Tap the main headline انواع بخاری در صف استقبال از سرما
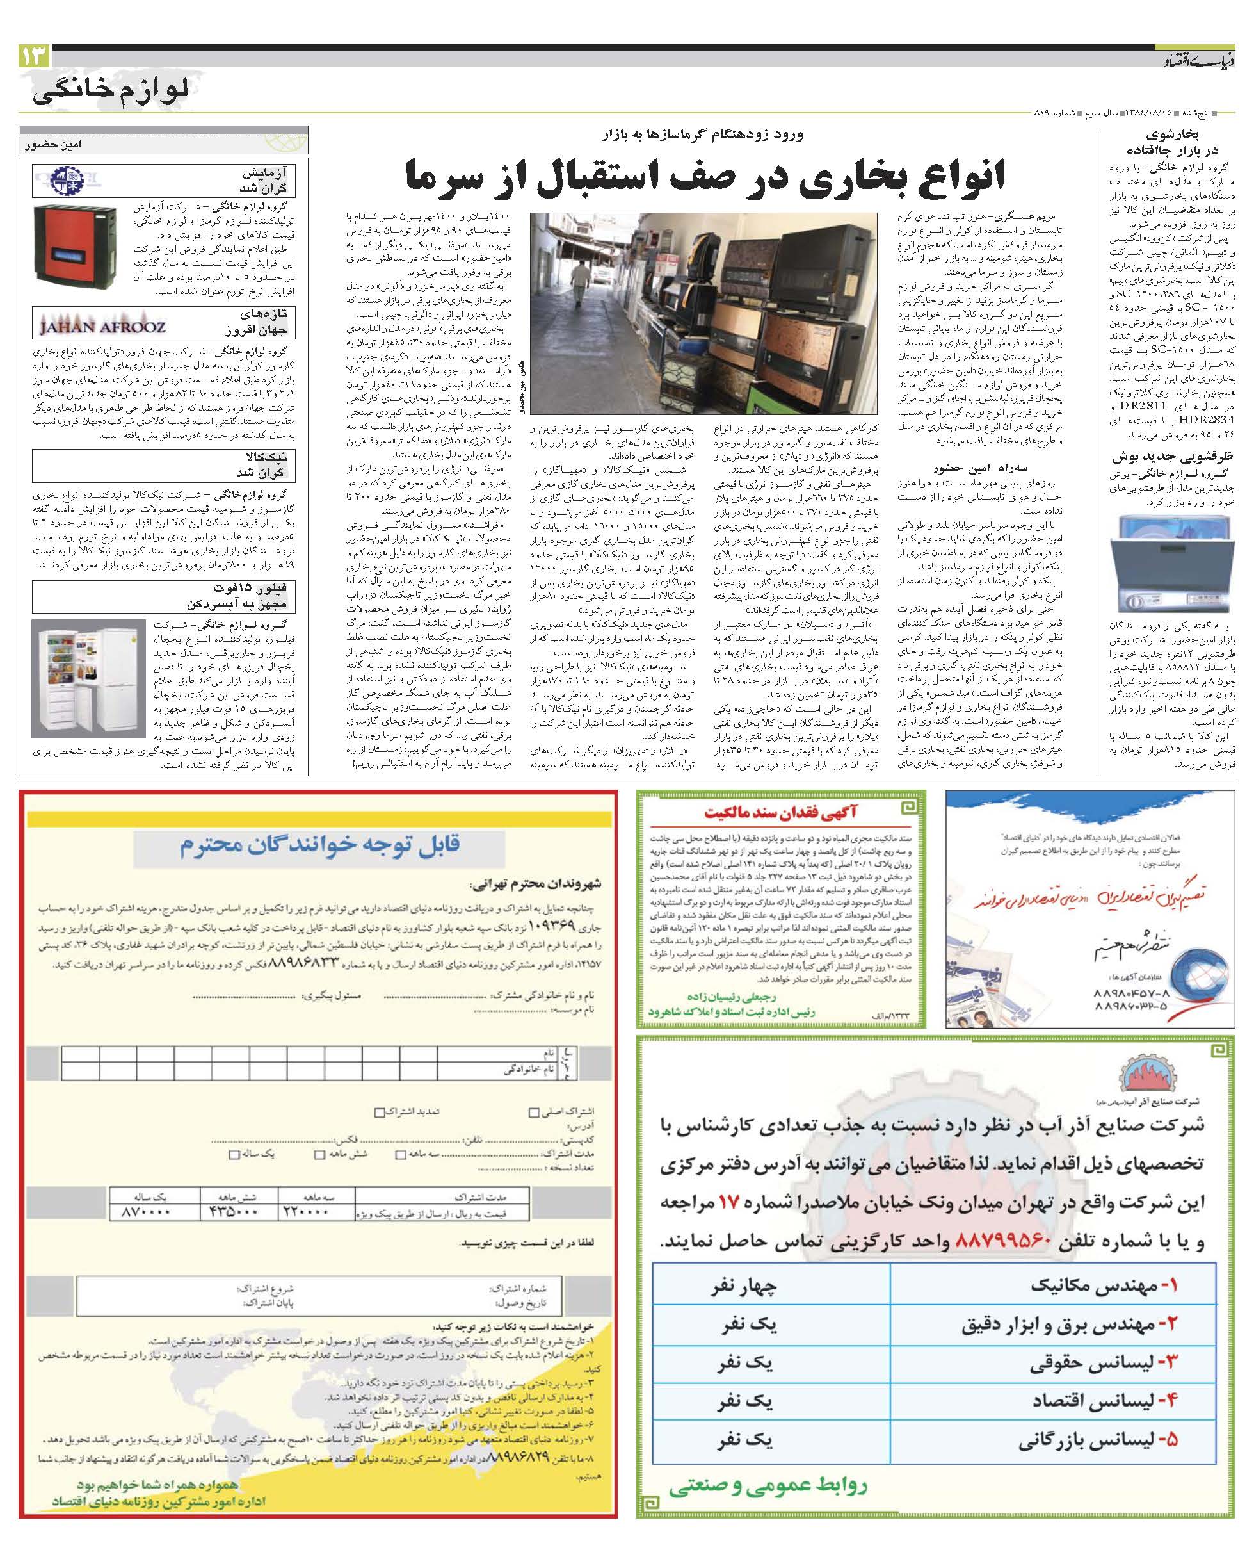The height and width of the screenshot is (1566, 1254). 703,177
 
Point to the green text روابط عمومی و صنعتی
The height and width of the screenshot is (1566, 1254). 768,1481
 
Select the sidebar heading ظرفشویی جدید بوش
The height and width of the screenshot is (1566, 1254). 1172,457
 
